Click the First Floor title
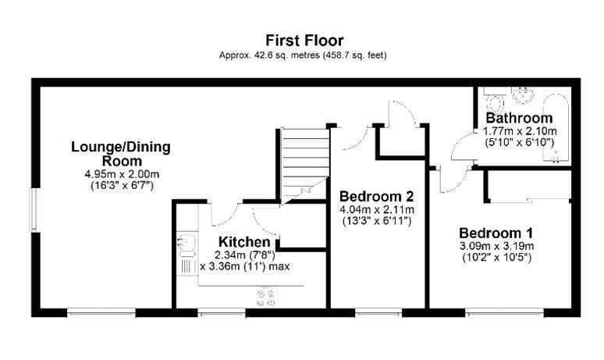pyautogui.click(x=304, y=41)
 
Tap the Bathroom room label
pyautogui.click(x=519, y=118)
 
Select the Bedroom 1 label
pyautogui.click(x=496, y=233)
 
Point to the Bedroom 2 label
pyautogui.click(x=376, y=197)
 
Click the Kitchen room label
pyautogui.click(x=244, y=242)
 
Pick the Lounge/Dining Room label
pyautogui.click(x=121, y=154)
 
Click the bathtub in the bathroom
pyautogui.click(x=556, y=127)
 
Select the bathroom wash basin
pyautogui.click(x=523, y=94)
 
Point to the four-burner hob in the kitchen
pyautogui.click(x=266, y=298)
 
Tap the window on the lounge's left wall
pyautogui.click(x=35, y=210)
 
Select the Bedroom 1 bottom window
pyautogui.click(x=504, y=312)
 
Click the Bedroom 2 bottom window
pyautogui.click(x=378, y=312)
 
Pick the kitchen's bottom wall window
pyautogui.click(x=222, y=312)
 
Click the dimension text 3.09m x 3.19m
pyautogui.click(x=496, y=246)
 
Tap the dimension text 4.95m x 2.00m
pyautogui.click(x=122, y=174)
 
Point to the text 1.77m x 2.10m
pyautogui.click(x=520, y=131)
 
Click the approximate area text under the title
pyautogui.click(x=303, y=55)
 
